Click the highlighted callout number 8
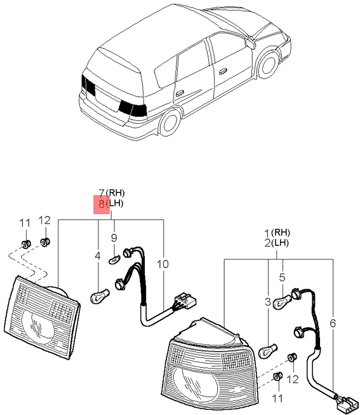pyautogui.click(x=102, y=204)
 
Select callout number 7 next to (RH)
pyautogui.click(x=102, y=193)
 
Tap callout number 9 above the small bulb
pyautogui.click(x=114, y=238)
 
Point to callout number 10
pyautogui.click(x=163, y=264)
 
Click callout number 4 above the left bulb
pyautogui.click(x=98, y=256)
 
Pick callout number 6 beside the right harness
pyautogui.click(x=333, y=323)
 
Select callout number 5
pyautogui.click(x=283, y=277)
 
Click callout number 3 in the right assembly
pyautogui.click(x=268, y=302)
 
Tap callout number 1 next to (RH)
pyautogui.click(x=268, y=233)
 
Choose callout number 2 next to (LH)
pyautogui.click(x=268, y=243)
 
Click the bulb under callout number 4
pyautogui.click(x=100, y=296)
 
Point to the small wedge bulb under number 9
pyautogui.click(x=114, y=259)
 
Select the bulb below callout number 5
pyautogui.click(x=282, y=303)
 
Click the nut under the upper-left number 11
pyautogui.click(x=26, y=243)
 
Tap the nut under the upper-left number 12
pyautogui.click(x=45, y=242)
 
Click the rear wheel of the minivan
pyautogui.click(x=170, y=122)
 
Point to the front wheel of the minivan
pyautogui.click(x=268, y=64)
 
